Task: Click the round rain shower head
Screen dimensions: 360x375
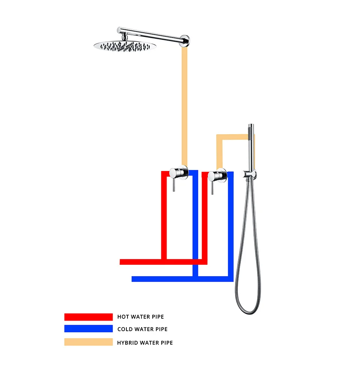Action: [x=124, y=46]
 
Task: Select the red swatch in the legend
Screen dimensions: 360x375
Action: [x=88, y=317]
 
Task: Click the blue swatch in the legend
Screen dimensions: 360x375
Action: [x=88, y=329]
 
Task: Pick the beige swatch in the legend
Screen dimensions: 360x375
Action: [x=88, y=342]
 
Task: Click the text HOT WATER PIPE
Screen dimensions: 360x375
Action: [x=141, y=317]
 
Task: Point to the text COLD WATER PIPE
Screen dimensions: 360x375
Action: [x=142, y=329]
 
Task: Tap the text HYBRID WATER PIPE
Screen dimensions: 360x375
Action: [x=145, y=342]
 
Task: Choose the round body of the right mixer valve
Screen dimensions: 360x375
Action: [x=217, y=175]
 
